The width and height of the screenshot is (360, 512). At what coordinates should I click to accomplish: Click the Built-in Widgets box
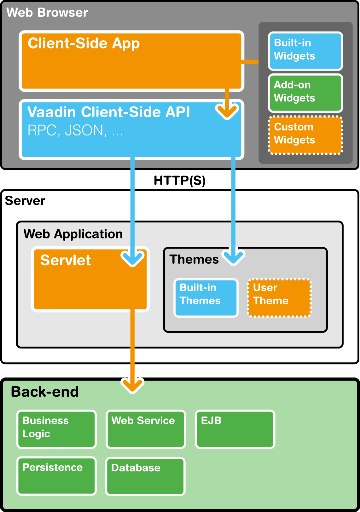pos(305,51)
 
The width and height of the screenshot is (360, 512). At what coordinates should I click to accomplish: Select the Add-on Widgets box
pos(305,93)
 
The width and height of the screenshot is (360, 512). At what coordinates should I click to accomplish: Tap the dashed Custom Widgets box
pos(305,135)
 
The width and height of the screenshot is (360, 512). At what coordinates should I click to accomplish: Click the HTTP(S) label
pos(180,181)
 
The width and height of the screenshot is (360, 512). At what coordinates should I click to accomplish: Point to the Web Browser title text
pos(47,12)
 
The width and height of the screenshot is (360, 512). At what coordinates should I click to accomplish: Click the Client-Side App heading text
pos(84,43)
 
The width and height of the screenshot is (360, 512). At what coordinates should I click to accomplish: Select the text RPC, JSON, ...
pos(67,130)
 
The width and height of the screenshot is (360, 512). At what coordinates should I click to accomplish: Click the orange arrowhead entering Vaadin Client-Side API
pos(227,111)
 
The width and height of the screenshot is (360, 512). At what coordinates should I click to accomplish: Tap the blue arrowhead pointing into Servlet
pos(133,258)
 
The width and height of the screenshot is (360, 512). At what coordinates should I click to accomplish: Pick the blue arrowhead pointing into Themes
pos(233,257)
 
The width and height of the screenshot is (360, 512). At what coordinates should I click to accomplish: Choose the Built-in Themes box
pos(206,298)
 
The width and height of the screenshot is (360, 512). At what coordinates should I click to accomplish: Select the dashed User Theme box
pos(279,298)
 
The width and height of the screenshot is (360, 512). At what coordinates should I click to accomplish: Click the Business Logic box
pos(56,429)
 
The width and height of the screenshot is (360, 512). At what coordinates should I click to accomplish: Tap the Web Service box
pos(146,429)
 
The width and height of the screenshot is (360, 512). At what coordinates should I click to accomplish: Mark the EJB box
pos(235,429)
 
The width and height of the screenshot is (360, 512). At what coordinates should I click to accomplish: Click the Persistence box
pos(56,476)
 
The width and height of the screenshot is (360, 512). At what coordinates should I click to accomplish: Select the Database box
pos(145,477)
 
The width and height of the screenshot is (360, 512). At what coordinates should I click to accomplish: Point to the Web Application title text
pos(73,234)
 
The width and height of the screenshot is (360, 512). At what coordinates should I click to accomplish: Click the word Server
pos(25,201)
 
